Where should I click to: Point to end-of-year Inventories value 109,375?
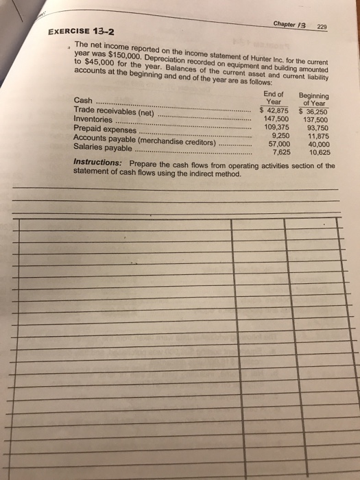pyautogui.click(x=278, y=126)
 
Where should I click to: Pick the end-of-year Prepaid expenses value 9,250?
pyautogui.click(x=282, y=135)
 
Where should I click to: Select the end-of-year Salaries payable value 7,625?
pyautogui.click(x=282, y=152)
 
